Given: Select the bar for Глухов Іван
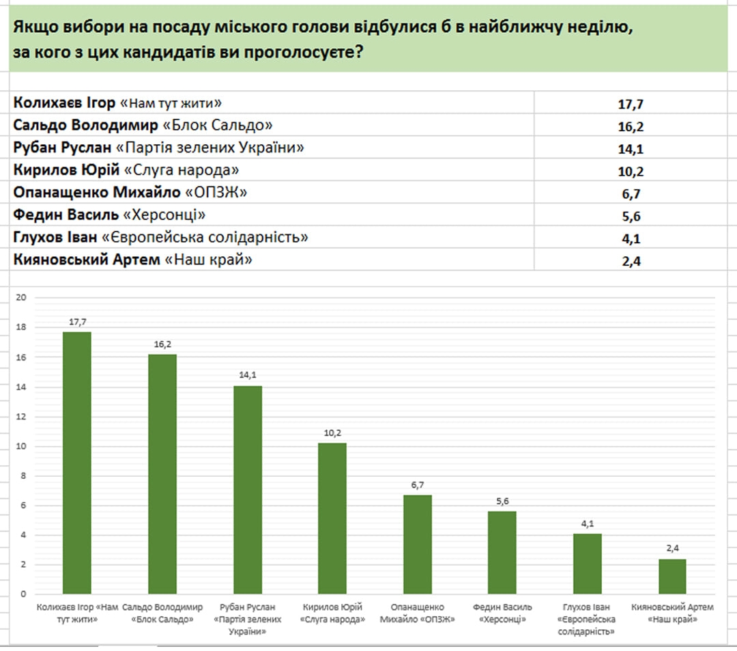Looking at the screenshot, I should click(588, 563).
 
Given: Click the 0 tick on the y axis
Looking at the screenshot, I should click(23, 594).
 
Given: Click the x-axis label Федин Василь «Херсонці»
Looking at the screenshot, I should click(502, 613).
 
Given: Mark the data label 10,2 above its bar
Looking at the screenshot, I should click(332, 433).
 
